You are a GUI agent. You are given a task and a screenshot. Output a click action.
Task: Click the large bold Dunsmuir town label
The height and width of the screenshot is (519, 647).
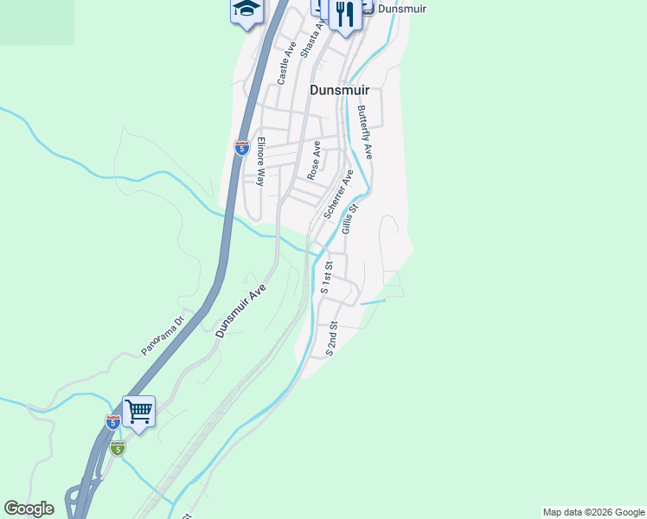tap(339, 90)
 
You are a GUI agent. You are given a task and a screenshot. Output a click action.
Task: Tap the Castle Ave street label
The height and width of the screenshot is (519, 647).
tap(286, 62)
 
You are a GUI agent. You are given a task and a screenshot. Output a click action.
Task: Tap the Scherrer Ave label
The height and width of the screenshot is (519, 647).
tap(338, 194)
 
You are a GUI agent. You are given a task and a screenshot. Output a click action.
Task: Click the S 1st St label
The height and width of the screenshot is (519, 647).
tap(326, 275)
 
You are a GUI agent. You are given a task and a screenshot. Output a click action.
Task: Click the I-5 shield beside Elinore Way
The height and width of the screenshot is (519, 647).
tap(242, 149)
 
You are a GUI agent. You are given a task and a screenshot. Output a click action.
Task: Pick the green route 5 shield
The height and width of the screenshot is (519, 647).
tap(118, 448)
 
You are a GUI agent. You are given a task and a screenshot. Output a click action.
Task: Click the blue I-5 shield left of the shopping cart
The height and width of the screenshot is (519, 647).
tap(112, 422)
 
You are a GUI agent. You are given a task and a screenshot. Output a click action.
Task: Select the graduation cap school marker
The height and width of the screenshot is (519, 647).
tap(246, 10)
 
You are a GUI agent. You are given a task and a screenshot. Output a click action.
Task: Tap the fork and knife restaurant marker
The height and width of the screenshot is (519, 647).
tap(345, 14)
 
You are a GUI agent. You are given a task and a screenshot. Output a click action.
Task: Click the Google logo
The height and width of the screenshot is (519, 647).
tap(29, 509)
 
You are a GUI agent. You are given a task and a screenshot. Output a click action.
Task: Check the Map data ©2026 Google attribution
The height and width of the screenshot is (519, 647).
tap(593, 512)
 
